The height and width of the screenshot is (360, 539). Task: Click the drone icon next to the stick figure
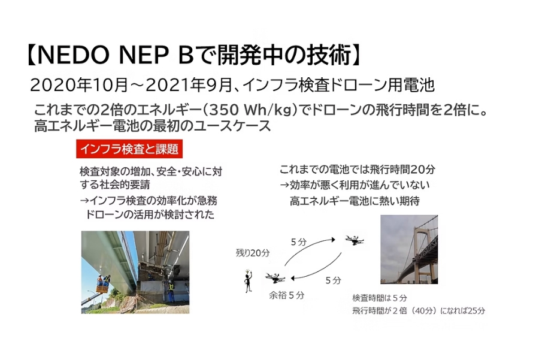click(277, 277)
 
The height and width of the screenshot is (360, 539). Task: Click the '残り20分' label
click(253, 253)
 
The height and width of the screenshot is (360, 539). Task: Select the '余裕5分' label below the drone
click(286, 295)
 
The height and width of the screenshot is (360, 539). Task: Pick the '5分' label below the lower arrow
click(334, 280)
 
